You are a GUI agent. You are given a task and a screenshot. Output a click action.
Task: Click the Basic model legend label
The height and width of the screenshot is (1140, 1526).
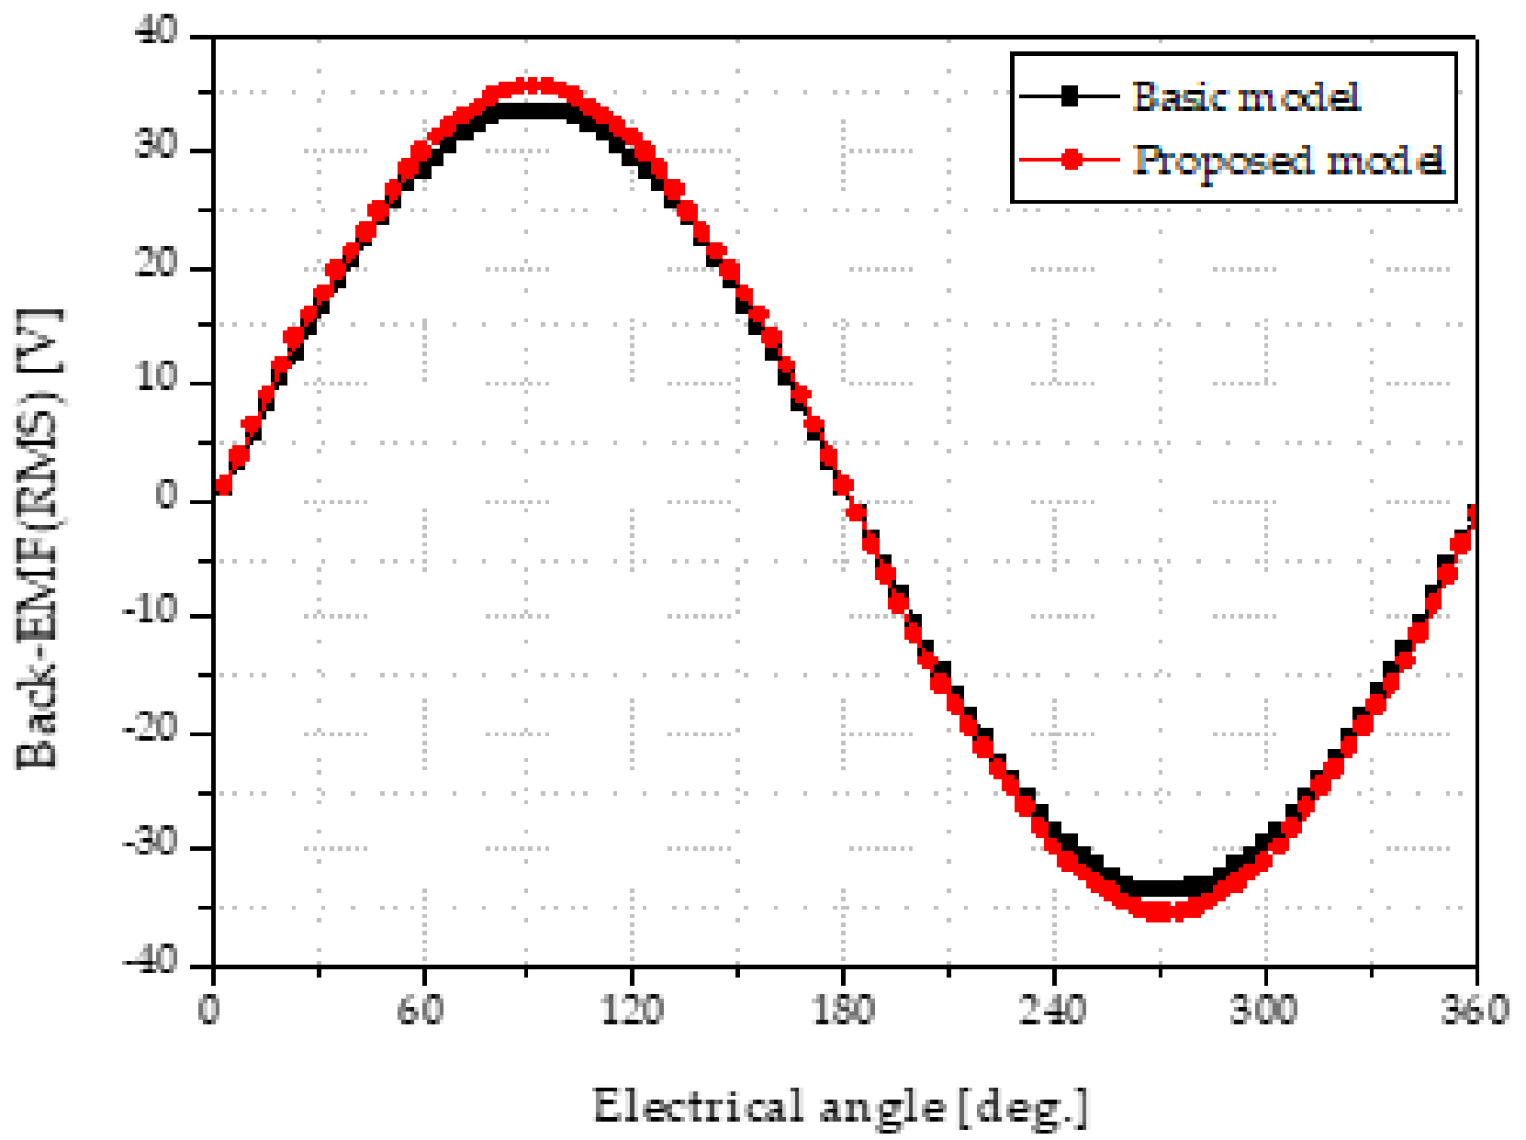click(x=1245, y=96)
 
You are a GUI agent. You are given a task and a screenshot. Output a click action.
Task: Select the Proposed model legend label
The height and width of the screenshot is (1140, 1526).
click(x=1287, y=160)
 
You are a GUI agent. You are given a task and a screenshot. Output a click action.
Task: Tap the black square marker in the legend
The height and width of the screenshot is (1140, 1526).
click(x=1069, y=96)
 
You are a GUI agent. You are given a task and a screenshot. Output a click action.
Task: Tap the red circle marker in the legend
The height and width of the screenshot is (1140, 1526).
click(x=1071, y=160)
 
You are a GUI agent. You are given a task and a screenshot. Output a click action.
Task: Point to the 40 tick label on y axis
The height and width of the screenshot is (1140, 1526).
click(x=157, y=31)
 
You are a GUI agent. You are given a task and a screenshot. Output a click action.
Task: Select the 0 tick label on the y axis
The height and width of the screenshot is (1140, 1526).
click(x=167, y=496)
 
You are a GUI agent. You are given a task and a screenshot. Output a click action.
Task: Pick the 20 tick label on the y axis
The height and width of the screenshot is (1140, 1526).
click(x=157, y=263)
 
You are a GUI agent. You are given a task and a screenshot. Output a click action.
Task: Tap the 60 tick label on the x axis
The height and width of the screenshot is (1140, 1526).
click(x=421, y=1010)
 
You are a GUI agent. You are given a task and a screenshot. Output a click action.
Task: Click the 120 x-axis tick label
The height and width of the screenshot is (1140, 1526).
click(x=632, y=1010)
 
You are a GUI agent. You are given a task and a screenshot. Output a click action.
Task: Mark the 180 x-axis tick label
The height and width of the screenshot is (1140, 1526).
click(x=843, y=1010)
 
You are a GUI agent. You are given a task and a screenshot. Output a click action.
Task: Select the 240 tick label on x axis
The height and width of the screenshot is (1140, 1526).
click(x=1053, y=1010)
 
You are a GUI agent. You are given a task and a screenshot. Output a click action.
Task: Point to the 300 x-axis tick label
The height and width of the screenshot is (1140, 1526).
click(x=1264, y=1010)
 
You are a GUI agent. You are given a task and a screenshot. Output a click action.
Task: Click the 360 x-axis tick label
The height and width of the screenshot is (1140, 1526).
click(x=1473, y=1010)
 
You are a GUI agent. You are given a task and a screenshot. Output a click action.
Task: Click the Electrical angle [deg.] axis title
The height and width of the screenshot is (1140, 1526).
click(x=841, y=1106)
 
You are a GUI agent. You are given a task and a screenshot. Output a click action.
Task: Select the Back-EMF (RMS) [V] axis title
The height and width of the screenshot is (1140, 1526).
click(x=39, y=539)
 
